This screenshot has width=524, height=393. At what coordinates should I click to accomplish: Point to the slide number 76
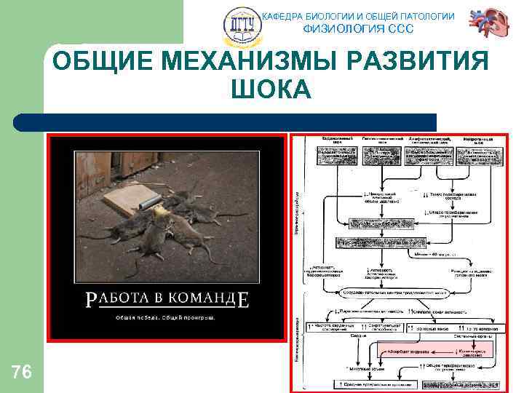22,373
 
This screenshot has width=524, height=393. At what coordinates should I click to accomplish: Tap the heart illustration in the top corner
485,25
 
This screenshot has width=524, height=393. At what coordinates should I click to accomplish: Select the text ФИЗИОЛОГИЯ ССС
357,29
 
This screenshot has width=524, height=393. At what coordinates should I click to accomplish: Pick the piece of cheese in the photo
159,211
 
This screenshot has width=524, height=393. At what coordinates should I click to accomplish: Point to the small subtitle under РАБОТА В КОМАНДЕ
166,317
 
